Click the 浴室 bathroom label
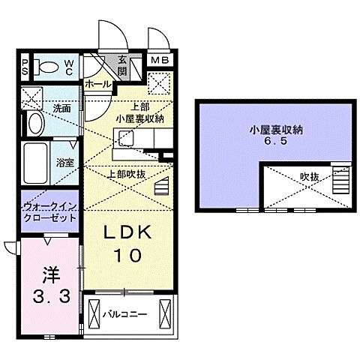pyautogui.click(x=63, y=160)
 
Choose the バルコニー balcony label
pyautogui.click(x=125, y=314)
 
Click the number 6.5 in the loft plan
pyautogui.click(x=272, y=140)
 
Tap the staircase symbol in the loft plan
pyautogui.click(x=343, y=180)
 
